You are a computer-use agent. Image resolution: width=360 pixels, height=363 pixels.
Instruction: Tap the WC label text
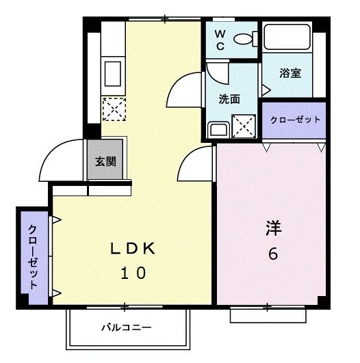tap(220, 40)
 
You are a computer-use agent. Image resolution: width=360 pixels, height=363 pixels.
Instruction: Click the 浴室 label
tap(291, 73)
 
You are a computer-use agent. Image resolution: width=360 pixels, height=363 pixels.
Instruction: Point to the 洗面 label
tap(229, 98)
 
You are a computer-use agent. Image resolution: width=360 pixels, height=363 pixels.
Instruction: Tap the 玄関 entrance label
tap(105, 162)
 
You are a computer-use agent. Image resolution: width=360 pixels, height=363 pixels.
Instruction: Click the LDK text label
tap(133, 249)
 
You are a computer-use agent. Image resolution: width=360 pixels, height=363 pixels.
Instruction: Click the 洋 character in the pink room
tap(273, 228)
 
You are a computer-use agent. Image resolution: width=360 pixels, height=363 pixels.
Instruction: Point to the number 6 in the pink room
tap(273, 254)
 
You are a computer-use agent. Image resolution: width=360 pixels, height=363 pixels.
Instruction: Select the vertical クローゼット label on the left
tap(32, 256)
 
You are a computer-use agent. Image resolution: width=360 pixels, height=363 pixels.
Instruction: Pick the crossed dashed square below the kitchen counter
tap(111, 107)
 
